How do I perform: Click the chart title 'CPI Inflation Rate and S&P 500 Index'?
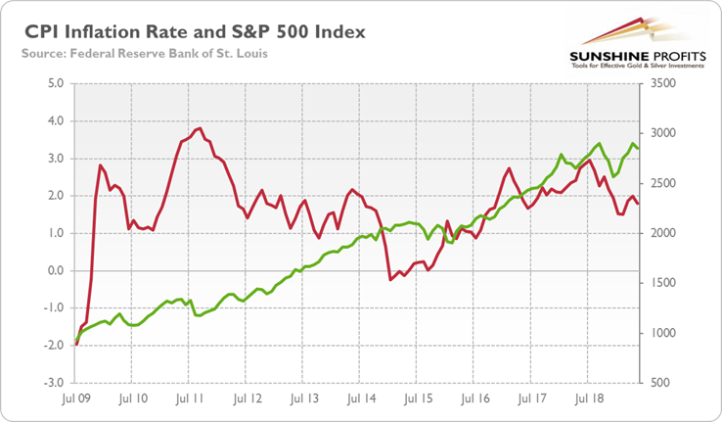[196, 32]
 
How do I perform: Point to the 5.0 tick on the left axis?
[55, 84]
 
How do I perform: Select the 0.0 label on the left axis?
[55, 270]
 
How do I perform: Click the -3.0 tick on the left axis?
[53, 383]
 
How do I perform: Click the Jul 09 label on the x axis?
[76, 399]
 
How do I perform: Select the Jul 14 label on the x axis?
[361, 399]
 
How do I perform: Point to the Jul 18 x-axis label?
[588, 399]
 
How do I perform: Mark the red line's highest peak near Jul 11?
[200, 128]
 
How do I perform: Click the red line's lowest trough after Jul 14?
[390, 280]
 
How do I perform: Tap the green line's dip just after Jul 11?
[199, 315]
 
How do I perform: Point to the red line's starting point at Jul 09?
[76, 345]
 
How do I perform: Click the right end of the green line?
[638, 149]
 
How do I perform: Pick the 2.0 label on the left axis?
[55, 196]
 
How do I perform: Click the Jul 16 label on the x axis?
[474, 399]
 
